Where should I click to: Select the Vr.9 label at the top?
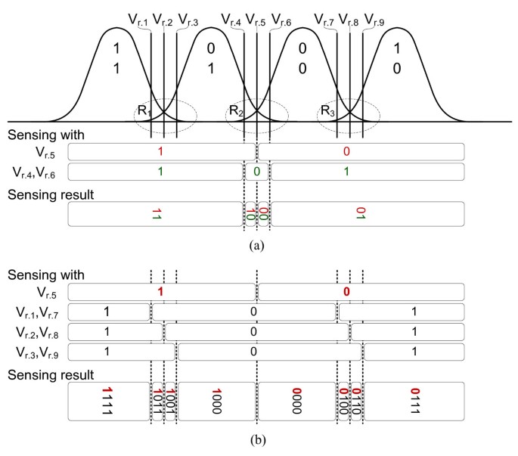coord(374,20)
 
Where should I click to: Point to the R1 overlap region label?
coord(144,111)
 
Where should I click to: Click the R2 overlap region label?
coord(235,111)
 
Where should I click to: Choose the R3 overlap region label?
coord(327,111)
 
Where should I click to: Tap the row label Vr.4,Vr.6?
coord(38,172)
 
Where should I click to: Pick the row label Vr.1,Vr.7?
coord(38,311)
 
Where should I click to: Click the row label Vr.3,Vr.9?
coord(38,352)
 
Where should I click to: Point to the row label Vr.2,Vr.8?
coord(38,331)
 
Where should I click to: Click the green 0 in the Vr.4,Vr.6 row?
coord(257,172)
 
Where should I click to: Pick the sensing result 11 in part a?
coord(157,214)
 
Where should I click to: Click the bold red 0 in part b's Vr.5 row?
coord(346,290)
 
